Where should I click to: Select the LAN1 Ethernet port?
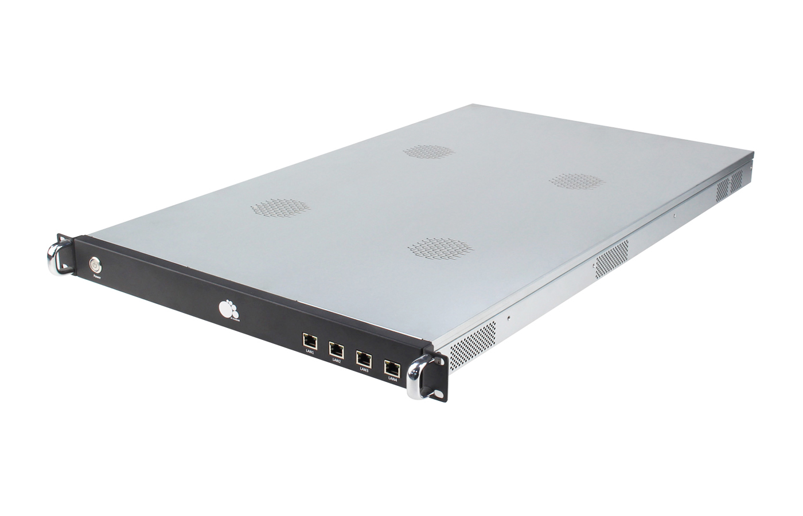tap(309, 342)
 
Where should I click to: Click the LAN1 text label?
tap(310, 353)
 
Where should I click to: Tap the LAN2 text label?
tap(337, 361)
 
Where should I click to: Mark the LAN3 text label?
tap(364, 369)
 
